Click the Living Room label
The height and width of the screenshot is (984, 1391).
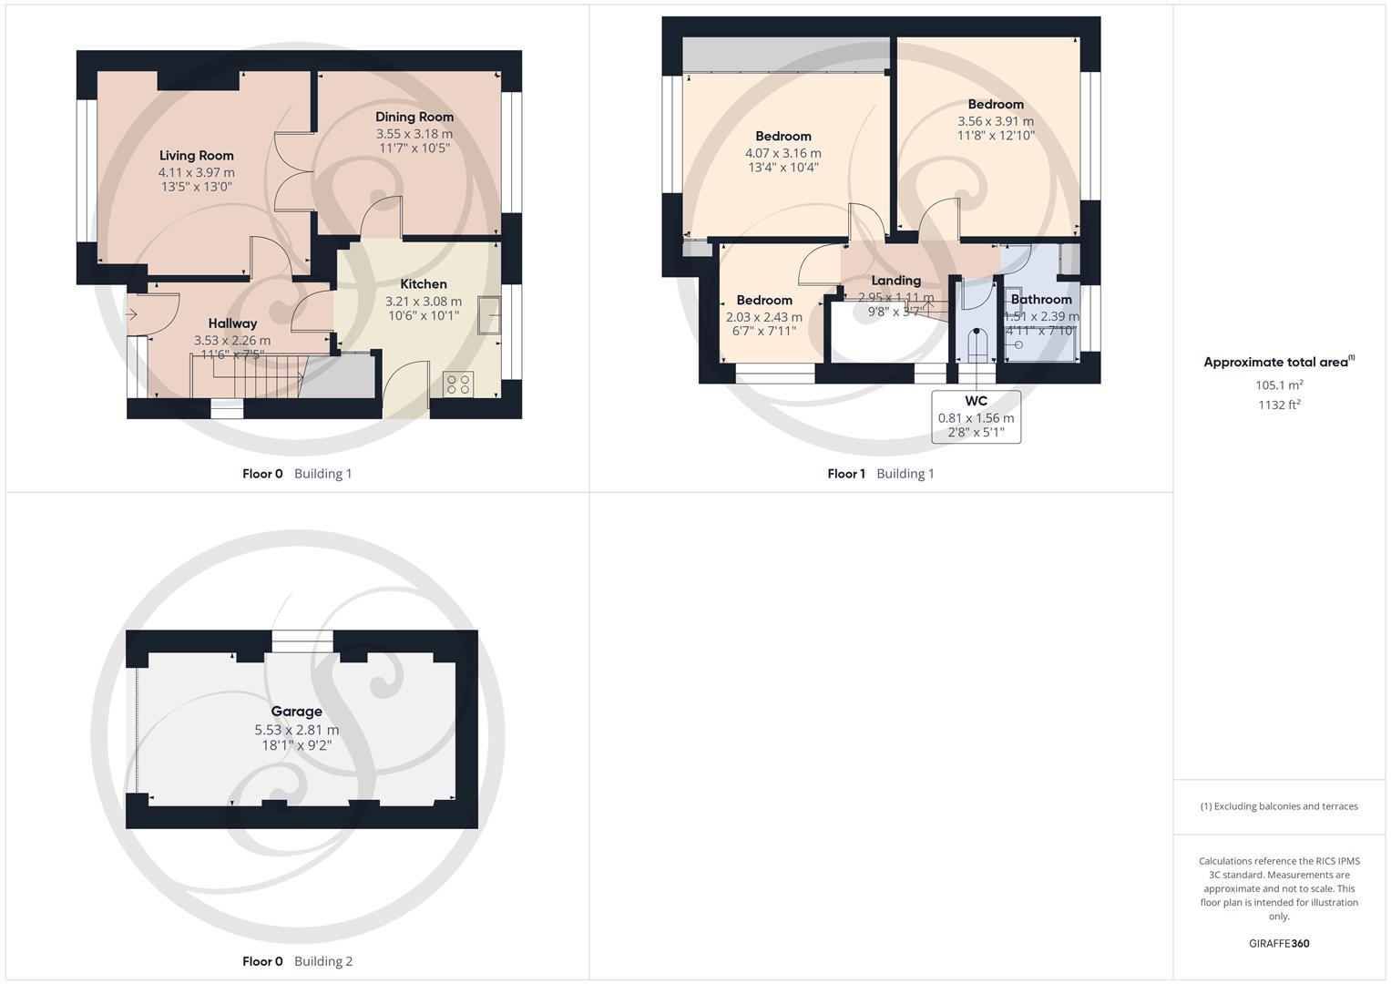(196, 156)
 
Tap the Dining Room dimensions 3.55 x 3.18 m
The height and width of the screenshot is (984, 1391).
(414, 134)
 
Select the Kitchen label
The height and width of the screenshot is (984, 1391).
(424, 284)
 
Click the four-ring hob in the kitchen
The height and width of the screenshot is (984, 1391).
(457, 384)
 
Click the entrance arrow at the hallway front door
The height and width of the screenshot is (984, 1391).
(131, 315)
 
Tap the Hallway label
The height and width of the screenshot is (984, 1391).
(232, 323)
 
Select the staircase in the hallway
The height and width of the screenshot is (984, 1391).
(246, 376)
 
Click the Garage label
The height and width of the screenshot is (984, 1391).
(296, 712)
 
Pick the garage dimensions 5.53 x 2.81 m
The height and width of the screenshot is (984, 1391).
(296, 730)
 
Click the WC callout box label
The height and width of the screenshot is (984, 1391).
(976, 402)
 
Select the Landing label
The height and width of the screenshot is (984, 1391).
(895, 281)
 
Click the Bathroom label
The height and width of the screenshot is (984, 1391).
(1041, 300)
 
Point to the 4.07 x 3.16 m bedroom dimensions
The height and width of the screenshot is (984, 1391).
(782, 153)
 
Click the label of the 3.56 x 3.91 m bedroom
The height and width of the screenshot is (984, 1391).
(996, 105)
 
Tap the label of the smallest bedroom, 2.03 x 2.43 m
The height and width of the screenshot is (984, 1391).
(764, 301)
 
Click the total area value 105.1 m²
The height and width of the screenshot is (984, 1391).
(1279, 385)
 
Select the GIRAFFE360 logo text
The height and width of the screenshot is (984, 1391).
(1279, 944)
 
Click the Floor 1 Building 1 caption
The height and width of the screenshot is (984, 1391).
(880, 474)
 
